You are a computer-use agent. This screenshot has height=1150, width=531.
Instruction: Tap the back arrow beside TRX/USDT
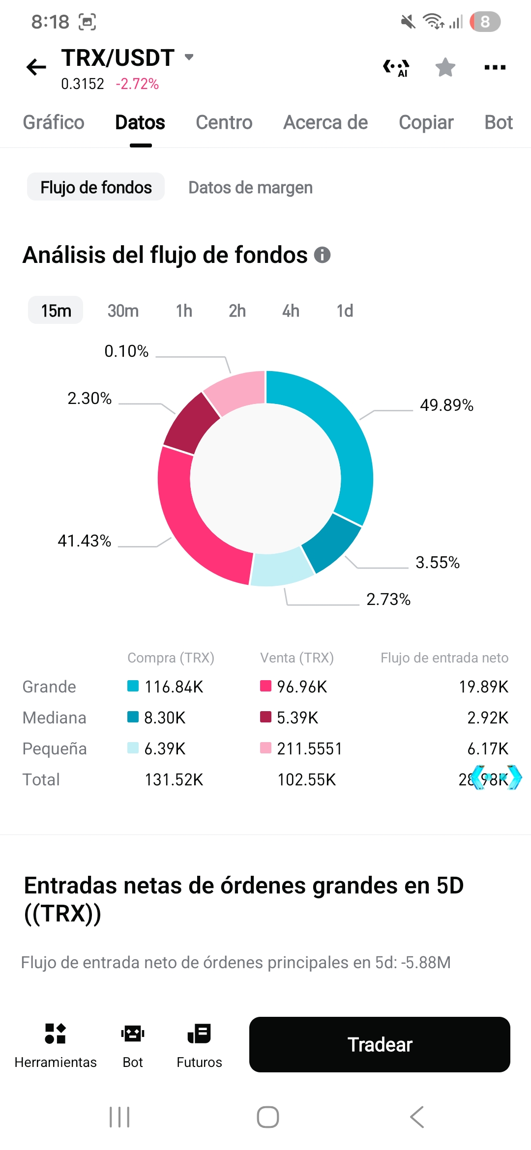36,67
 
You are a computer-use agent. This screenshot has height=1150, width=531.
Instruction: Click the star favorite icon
445,67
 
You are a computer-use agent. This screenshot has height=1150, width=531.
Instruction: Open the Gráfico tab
54,122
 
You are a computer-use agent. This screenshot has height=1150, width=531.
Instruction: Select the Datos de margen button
250,187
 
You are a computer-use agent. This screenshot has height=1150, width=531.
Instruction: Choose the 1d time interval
345,311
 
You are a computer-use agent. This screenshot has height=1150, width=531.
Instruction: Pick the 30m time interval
123,311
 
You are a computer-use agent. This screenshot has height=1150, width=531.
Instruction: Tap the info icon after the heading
322,255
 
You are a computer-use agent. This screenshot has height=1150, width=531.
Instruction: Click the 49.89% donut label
446,405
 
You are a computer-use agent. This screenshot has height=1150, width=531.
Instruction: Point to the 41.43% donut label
85,541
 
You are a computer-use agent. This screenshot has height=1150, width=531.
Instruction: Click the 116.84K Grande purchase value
174,687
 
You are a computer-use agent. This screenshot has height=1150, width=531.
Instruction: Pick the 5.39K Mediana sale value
297,718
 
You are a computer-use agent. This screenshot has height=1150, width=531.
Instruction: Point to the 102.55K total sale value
306,779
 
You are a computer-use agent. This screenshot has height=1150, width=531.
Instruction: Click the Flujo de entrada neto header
444,658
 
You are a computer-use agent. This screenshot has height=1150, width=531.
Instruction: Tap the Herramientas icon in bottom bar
55,1034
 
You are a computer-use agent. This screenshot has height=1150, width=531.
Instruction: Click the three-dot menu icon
495,67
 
